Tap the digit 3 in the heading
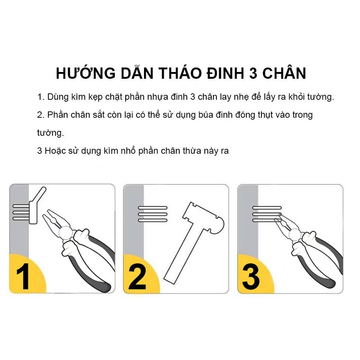point(253,73)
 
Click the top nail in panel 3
point(267,208)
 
